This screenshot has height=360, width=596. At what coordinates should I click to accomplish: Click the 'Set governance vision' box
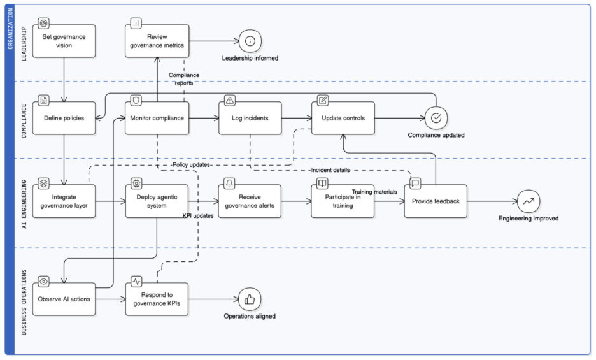point(64,41)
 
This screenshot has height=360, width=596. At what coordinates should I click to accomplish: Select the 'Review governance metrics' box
point(157,41)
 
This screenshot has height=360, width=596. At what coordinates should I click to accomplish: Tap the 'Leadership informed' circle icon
point(250,41)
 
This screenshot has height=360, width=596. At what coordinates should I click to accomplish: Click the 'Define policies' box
point(64,118)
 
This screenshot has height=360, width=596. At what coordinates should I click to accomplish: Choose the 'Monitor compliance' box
point(157,118)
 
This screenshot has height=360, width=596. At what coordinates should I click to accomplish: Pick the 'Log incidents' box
point(250,118)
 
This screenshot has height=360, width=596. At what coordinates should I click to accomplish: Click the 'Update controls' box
point(343,118)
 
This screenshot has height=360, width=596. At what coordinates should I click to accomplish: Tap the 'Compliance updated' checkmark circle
point(436,118)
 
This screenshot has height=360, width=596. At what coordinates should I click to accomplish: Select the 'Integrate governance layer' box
point(64,201)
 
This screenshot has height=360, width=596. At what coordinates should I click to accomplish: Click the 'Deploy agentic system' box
point(157,201)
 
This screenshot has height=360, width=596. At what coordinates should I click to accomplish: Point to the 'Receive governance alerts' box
point(250,201)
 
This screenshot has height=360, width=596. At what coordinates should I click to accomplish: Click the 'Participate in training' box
point(343,201)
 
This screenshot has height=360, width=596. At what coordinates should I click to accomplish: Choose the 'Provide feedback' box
point(436,201)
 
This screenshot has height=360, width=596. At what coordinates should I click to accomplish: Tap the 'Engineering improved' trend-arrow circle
point(529,201)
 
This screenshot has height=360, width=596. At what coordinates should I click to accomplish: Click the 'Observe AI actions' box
point(64,299)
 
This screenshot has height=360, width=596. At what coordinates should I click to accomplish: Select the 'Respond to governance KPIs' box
point(157,299)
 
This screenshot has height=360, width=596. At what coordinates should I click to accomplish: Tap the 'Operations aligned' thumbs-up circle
point(250,299)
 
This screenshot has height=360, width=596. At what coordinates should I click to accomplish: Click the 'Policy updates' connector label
point(192,165)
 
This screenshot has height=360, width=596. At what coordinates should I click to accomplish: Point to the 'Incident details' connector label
point(330,170)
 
